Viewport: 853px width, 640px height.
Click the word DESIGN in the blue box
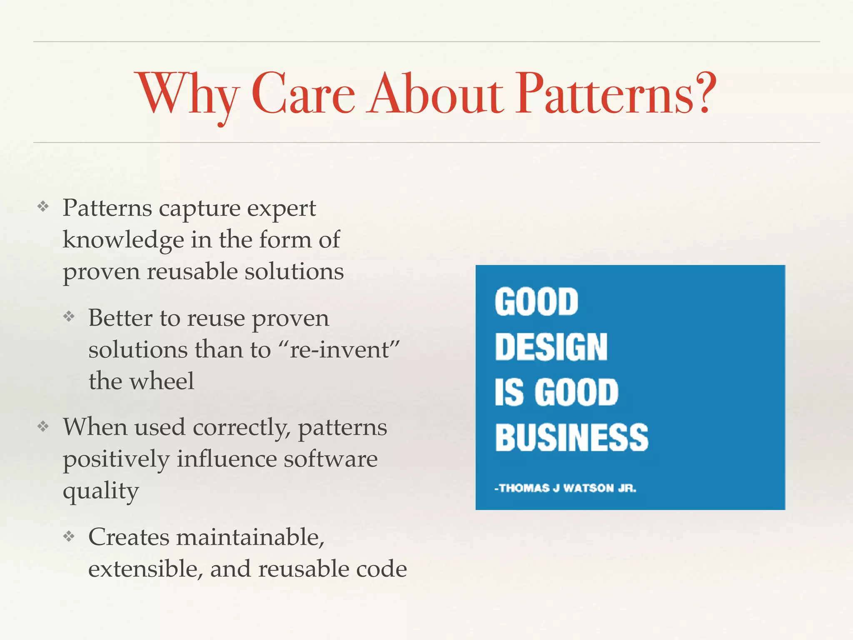coord(551,347)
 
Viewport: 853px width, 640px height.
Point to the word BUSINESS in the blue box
coord(571,437)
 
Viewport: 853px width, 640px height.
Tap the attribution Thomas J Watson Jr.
coord(565,488)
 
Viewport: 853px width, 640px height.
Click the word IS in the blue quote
coord(509,392)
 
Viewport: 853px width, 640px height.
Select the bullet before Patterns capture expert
coord(43,206)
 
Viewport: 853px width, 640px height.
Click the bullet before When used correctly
coord(43,426)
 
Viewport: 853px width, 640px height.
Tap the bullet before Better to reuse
coord(69,317)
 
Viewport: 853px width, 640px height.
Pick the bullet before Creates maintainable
coord(69,536)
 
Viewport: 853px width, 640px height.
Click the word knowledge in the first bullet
coord(123,240)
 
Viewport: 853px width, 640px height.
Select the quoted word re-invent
coord(339,349)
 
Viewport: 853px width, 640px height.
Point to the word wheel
coord(162,381)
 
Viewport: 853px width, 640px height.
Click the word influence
coord(227,459)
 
